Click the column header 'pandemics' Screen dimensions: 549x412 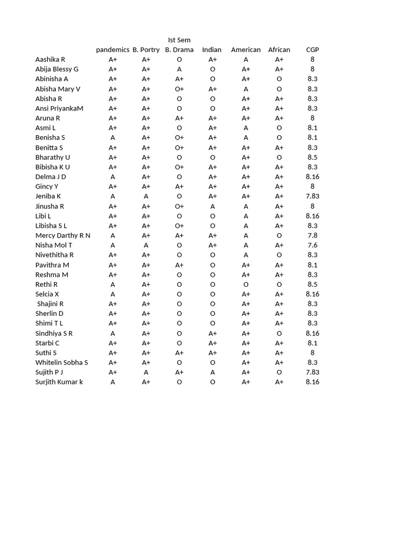113,50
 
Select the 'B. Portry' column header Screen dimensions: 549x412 146,50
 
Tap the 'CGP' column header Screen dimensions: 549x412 312,50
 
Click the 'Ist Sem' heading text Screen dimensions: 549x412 179,40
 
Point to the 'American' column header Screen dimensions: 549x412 246,50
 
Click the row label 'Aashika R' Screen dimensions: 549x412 50,60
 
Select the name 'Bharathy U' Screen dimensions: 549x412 53,157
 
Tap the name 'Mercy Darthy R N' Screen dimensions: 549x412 63,235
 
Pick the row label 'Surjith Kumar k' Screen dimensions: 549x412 59,382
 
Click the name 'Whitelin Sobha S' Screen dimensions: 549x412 62,362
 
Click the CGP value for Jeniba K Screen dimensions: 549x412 312,196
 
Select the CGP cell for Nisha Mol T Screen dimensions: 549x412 312,245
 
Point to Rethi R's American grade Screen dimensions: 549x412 246,284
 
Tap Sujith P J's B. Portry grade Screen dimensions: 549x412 146,372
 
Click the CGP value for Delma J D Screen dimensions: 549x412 312,177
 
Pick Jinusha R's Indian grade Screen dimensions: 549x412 212,206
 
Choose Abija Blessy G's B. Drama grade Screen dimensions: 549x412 179,69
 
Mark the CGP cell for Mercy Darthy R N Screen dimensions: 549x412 312,235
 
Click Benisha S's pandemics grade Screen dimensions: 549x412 113,138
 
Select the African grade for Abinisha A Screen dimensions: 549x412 279,79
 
